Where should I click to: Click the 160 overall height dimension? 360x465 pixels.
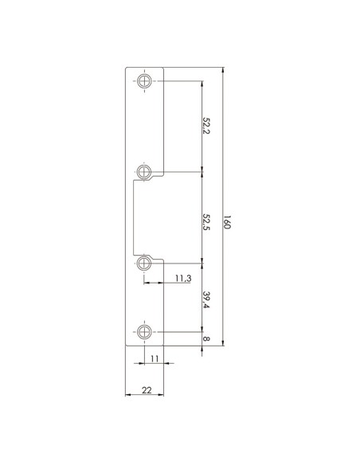pos(226,222)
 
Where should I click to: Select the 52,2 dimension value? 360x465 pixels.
pos(205,126)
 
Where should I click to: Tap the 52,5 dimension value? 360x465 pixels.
pos(205,223)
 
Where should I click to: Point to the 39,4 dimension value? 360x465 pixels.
pos(205,299)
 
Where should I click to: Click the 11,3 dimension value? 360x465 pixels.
pos(183,278)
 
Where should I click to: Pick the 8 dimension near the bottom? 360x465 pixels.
pos(205,338)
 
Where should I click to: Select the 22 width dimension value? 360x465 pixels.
pos(147,390)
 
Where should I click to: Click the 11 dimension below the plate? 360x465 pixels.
pos(155,359)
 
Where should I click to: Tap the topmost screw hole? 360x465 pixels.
pos(144,80)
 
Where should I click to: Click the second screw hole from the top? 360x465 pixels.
pos(144,171)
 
